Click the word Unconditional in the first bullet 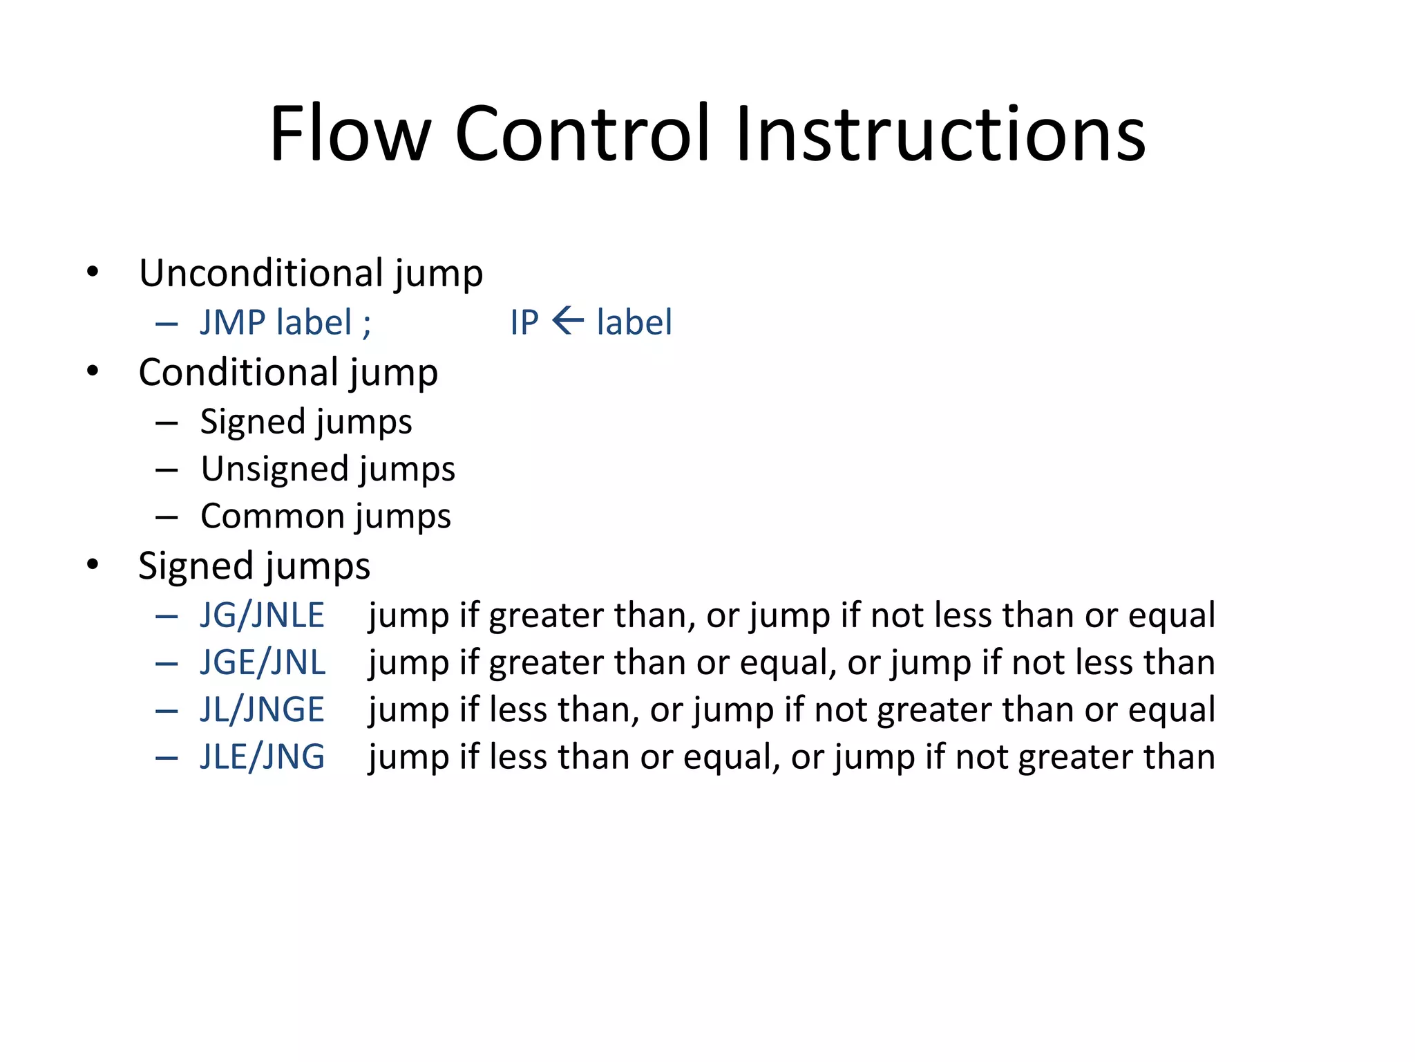pyautogui.click(x=261, y=273)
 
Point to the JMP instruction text pyautogui.click(x=233, y=323)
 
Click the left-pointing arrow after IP pyautogui.click(x=568, y=321)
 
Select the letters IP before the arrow pyautogui.click(x=524, y=323)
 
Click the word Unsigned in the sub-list pyautogui.click(x=274, y=469)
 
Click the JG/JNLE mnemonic pyautogui.click(x=262, y=615)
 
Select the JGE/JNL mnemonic pyautogui.click(x=263, y=662)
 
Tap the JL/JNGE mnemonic pyautogui.click(x=262, y=710)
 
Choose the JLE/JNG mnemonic pyautogui.click(x=263, y=757)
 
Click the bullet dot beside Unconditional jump pyautogui.click(x=93, y=272)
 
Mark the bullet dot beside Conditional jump pyautogui.click(x=93, y=372)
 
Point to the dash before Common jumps pyautogui.click(x=167, y=517)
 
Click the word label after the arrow pyautogui.click(x=634, y=323)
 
